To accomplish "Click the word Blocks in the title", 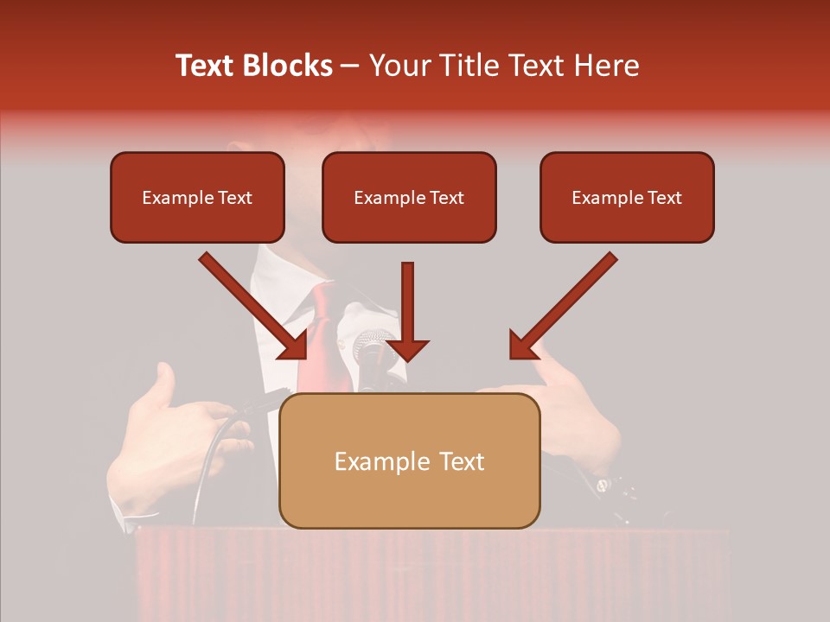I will pyautogui.click(x=290, y=66).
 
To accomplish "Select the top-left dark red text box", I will pyautogui.click(x=197, y=198).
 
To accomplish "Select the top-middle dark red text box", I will pyautogui.click(x=409, y=198).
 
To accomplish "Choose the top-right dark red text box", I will pyautogui.click(x=627, y=198).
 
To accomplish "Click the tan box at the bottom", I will pyautogui.click(x=409, y=460).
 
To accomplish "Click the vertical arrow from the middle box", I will pyautogui.click(x=407, y=311).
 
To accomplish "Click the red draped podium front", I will pyautogui.click(x=432, y=574).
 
